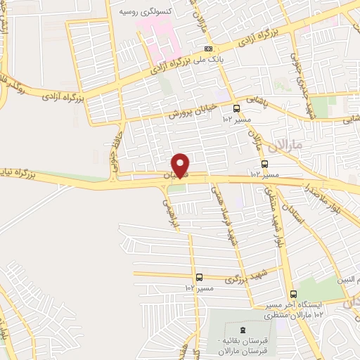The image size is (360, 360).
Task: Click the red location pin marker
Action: pos(181,165)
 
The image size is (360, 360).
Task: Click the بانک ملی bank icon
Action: pos(207,49)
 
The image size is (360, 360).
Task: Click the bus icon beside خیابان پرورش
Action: pos(236,108)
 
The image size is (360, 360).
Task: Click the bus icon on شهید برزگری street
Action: pos(200,277)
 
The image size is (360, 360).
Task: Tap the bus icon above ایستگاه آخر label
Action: pos(293,295)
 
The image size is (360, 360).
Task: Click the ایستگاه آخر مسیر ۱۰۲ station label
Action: pos(293,309)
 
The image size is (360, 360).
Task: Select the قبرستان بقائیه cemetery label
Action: pos(243,345)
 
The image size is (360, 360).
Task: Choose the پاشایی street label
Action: pos(259,101)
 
